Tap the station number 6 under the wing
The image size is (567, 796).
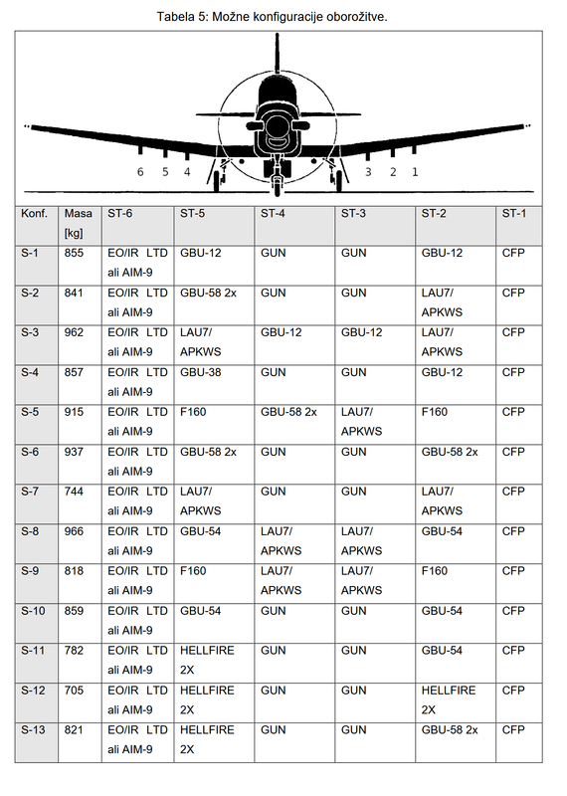[140, 172]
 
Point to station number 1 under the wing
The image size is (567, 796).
[415, 172]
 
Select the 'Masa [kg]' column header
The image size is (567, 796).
[78, 223]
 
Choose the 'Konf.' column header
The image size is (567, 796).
[35, 213]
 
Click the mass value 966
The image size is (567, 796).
[74, 531]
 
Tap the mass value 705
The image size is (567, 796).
[74, 691]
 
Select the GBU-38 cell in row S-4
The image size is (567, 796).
[201, 372]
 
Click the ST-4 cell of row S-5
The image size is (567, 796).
[288, 412]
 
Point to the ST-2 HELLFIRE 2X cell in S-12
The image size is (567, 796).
[449, 699]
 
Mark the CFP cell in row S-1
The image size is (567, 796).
[513, 253]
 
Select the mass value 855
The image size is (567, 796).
[74, 253]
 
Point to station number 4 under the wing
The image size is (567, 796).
[187, 172]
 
